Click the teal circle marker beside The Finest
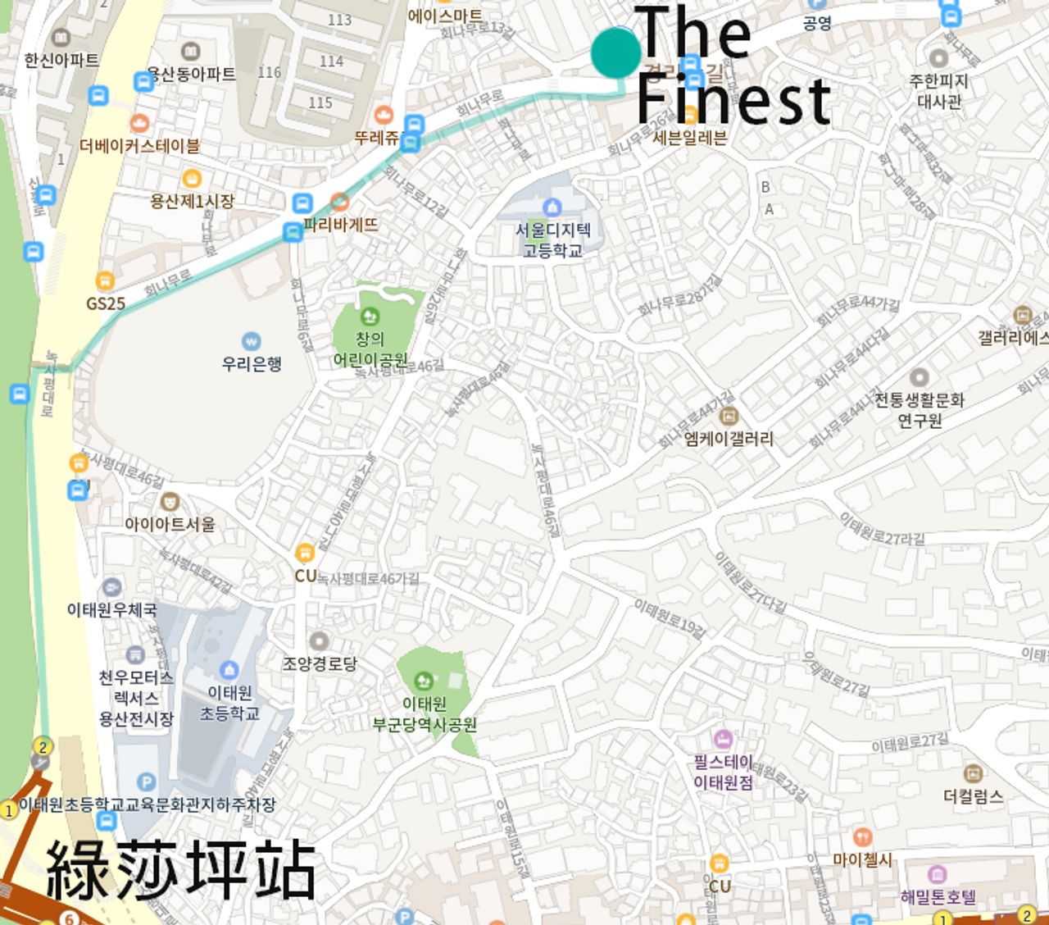point(615,52)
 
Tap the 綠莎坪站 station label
point(180,870)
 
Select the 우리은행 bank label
point(252,363)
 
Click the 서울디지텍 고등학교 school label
point(553,239)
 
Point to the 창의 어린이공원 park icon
point(370,316)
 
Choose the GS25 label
point(106,303)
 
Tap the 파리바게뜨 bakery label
point(341,224)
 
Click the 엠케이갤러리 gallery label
point(729,438)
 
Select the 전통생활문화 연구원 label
point(920,410)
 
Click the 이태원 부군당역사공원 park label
point(425,714)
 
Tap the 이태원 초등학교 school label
point(229,703)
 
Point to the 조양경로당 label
point(320,663)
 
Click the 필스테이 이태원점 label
point(723,772)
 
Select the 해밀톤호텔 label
point(938,896)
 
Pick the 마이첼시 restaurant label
point(862,859)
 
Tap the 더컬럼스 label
point(974,795)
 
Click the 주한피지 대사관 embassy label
point(939,91)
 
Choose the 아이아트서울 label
point(170,523)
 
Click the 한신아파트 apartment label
point(61,60)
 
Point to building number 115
point(320,103)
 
